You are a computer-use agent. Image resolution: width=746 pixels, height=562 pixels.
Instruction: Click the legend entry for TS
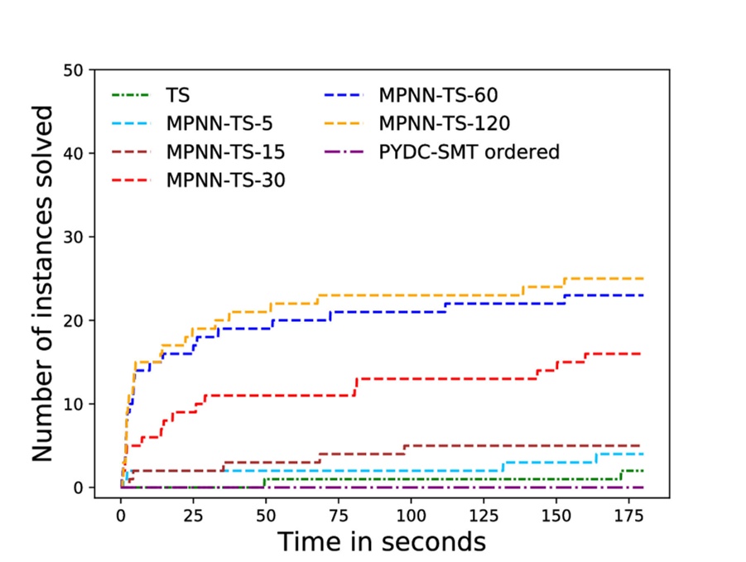177,96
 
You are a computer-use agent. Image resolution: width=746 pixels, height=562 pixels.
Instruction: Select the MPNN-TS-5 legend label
219,125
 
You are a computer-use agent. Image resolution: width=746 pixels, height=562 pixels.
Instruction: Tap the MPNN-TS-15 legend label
224,153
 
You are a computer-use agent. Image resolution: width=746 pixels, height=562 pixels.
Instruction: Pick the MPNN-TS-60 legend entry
438,96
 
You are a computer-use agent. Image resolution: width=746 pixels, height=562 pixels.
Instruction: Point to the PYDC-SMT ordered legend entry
469,152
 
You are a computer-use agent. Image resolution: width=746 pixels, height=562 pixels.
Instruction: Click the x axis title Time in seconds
381,542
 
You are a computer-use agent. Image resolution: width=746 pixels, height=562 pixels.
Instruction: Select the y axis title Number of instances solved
43,283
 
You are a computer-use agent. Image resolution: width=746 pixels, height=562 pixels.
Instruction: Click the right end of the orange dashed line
643,279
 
